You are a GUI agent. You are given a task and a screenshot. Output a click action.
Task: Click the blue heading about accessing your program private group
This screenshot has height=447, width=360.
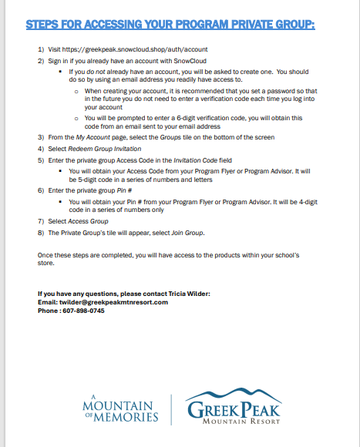point(170,25)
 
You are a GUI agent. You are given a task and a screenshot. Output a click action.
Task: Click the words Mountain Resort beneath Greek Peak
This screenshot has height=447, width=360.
point(240,421)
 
